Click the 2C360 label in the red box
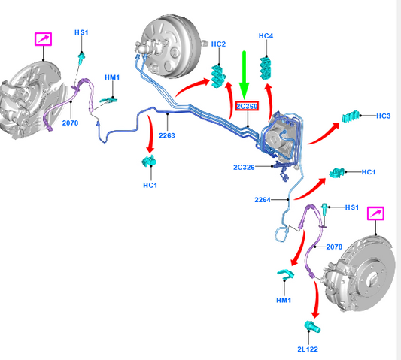click(247, 106)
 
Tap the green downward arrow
click(245, 75)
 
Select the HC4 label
click(266, 36)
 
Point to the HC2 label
click(218, 44)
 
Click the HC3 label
click(384, 116)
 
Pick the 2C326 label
click(244, 168)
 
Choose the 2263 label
click(167, 135)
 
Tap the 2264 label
click(263, 200)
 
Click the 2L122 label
click(308, 349)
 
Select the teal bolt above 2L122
click(312, 326)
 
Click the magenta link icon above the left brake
click(43, 39)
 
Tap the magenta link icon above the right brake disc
click(375, 213)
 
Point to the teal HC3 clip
click(351, 116)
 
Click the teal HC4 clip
click(266, 68)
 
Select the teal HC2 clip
click(218, 77)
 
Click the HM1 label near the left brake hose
click(112, 77)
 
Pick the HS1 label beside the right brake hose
click(352, 207)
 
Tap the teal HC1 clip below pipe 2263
click(149, 161)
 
